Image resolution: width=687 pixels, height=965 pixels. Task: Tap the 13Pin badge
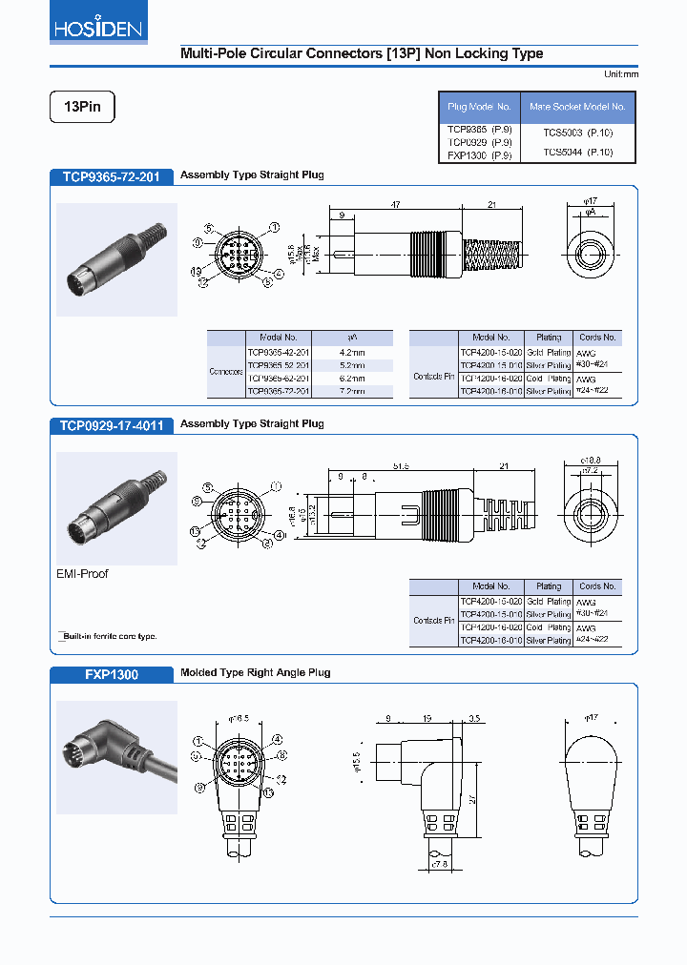pos(82,108)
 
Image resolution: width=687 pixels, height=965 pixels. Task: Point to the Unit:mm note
pos(620,74)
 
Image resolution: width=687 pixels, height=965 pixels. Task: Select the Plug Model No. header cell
pos(479,108)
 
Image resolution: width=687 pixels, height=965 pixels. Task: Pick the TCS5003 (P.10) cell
pos(577,133)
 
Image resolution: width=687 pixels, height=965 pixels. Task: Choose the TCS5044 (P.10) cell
pos(577,152)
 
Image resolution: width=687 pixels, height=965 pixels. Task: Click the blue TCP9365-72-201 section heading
pos(112,176)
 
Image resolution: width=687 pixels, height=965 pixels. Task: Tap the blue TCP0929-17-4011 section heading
pos(112,425)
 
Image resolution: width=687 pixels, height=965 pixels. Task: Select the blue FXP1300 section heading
pos(112,674)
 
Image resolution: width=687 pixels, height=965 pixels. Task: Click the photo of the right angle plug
pos(116,757)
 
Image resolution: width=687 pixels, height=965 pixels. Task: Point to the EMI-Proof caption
pos(82,574)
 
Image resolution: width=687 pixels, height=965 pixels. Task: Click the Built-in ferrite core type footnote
pos(108,636)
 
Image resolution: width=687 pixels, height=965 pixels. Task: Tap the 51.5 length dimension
pos(401,466)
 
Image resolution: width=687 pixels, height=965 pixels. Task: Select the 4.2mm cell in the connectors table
pos(351,351)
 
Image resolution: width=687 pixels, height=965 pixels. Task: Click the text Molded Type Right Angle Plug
pos(255,673)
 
